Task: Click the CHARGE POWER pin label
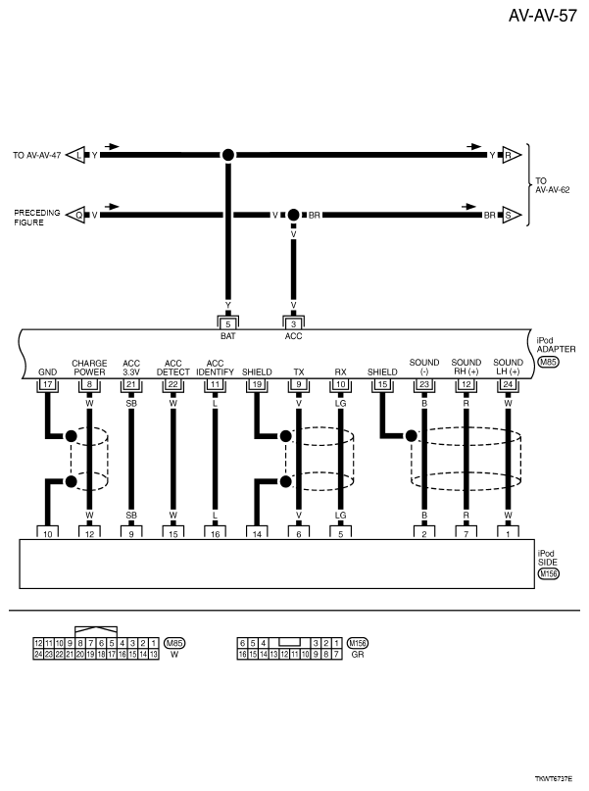coord(89,368)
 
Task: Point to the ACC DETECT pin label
coord(172,368)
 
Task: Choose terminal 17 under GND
coord(46,385)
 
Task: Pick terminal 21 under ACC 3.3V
coord(131,385)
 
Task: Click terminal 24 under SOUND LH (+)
coord(508,385)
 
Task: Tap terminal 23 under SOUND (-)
coord(423,385)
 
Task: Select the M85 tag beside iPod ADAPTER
coord(549,362)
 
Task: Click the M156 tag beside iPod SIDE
coord(549,573)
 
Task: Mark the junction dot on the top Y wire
coord(227,155)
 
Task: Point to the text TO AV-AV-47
coord(37,155)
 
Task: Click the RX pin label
coord(340,372)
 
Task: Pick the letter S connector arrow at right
coord(509,213)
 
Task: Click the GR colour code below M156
coord(357,654)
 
